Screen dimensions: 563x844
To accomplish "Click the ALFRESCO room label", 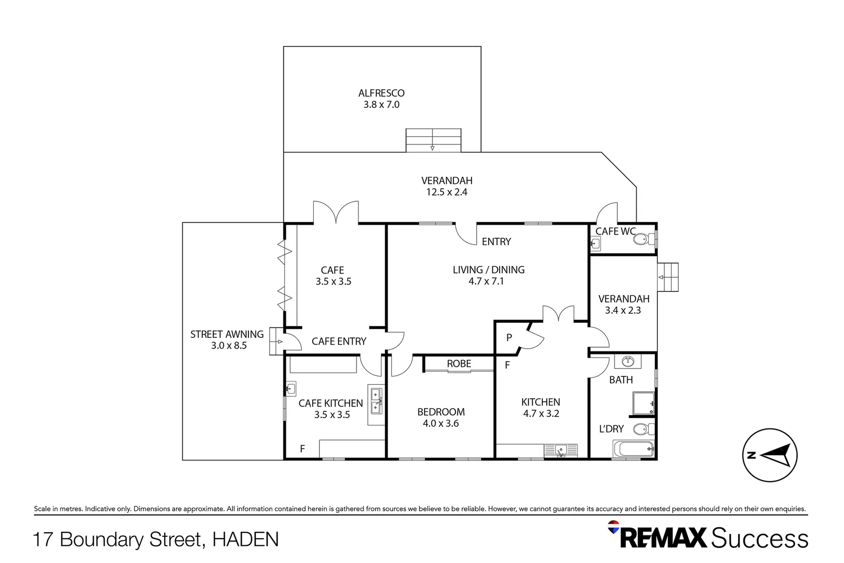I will (381, 93).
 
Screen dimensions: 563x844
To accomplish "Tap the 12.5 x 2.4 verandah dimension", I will (446, 192).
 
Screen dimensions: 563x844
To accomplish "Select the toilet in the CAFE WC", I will (643, 240).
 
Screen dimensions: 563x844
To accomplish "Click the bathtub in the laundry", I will (634, 449).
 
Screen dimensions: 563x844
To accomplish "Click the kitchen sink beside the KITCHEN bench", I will (561, 450).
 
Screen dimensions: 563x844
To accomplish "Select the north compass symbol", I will (769, 455).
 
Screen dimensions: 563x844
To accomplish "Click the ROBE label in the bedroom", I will (458, 364).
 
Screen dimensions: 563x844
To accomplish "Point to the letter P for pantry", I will (509, 338).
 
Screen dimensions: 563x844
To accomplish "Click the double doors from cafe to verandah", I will (336, 213).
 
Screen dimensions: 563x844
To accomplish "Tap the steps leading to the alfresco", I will (433, 140).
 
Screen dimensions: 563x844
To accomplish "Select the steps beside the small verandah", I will (668, 277).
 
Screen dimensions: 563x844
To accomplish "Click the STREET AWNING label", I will (227, 334).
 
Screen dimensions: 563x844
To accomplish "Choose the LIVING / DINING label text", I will (488, 270).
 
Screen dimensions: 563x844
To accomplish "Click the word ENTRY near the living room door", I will (496, 242).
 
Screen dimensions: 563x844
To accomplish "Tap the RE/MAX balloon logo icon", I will (614, 527).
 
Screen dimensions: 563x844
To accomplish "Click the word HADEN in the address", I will (245, 540).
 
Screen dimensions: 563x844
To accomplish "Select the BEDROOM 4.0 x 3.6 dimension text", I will (441, 424).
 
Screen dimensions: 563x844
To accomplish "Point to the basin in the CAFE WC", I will (595, 243).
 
